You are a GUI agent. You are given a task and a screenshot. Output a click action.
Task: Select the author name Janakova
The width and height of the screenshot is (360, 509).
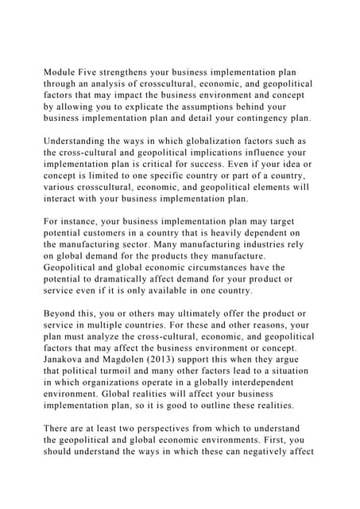70,359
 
